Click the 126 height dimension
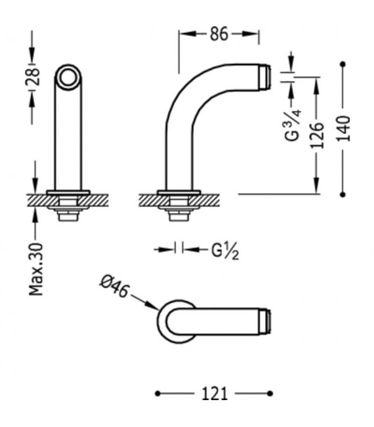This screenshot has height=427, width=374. (317, 136)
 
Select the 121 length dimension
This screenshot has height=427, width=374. (215, 394)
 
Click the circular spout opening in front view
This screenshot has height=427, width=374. (68, 79)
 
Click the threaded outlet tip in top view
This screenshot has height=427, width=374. (265, 321)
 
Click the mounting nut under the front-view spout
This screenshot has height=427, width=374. (68, 211)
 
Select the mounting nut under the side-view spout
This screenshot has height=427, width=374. (179, 211)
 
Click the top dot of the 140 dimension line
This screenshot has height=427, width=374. (344, 64)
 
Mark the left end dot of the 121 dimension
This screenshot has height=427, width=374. (157, 394)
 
